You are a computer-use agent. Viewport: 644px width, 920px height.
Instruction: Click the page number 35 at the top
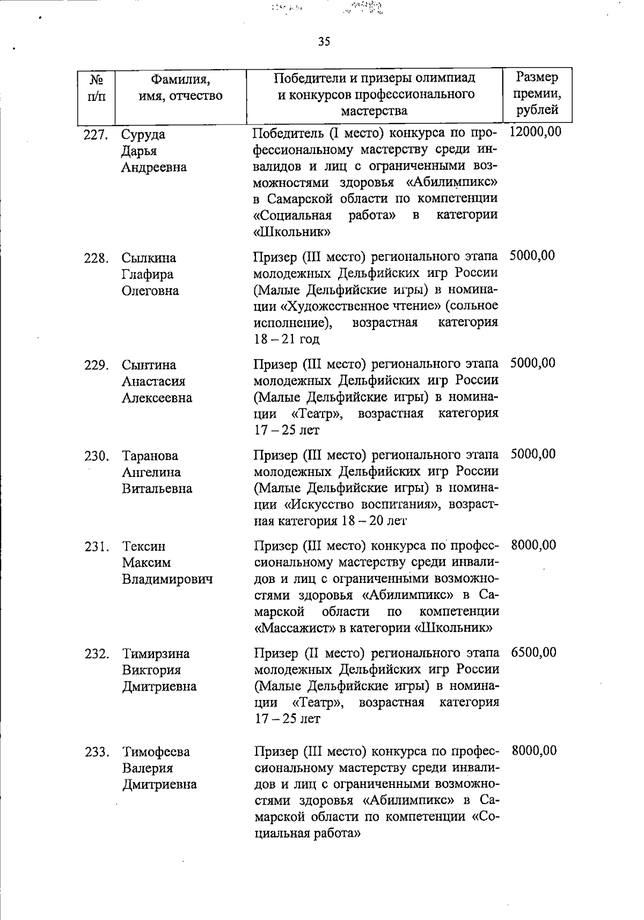click(x=324, y=41)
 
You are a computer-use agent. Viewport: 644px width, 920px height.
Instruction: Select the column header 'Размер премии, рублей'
click(x=537, y=94)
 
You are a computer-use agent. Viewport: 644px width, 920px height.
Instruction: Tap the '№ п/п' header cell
click(x=96, y=88)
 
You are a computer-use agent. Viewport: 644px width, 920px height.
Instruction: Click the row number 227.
click(x=96, y=135)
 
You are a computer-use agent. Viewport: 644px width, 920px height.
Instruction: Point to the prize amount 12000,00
click(x=535, y=132)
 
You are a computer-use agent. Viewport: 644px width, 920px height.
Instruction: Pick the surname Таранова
click(x=150, y=456)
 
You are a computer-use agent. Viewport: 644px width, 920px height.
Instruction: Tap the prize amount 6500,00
click(x=534, y=653)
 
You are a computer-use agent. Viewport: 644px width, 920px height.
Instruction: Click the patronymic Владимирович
click(x=167, y=580)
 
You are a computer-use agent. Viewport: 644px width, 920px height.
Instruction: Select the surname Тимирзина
click(x=156, y=654)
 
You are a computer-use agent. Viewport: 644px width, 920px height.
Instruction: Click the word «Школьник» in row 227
click(x=291, y=232)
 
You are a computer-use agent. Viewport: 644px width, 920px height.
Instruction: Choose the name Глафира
click(x=148, y=275)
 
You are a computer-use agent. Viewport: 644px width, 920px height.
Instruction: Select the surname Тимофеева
click(x=156, y=752)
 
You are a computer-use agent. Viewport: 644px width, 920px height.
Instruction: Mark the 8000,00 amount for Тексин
click(x=533, y=546)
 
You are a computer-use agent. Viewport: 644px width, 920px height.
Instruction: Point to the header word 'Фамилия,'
click(x=180, y=80)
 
